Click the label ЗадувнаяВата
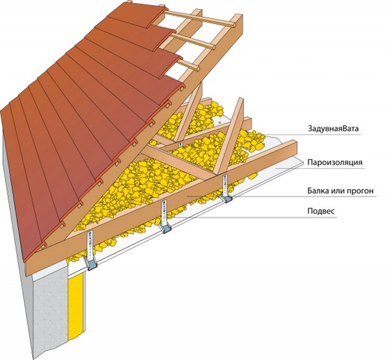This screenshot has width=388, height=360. point(333,129)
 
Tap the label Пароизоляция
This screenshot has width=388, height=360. point(335,163)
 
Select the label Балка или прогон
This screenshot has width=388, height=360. point(341,191)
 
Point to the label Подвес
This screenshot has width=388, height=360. point(321,211)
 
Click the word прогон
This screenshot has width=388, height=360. point(360,192)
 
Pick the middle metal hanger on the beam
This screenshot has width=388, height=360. point(165,217)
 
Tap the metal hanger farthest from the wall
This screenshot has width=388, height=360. point(226,188)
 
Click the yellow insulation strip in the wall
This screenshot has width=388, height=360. point(77,307)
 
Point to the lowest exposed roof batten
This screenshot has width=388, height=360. point(187,65)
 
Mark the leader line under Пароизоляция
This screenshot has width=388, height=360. point(320,168)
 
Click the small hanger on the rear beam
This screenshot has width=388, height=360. point(180,145)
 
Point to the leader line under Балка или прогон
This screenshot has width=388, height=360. point(281,196)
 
